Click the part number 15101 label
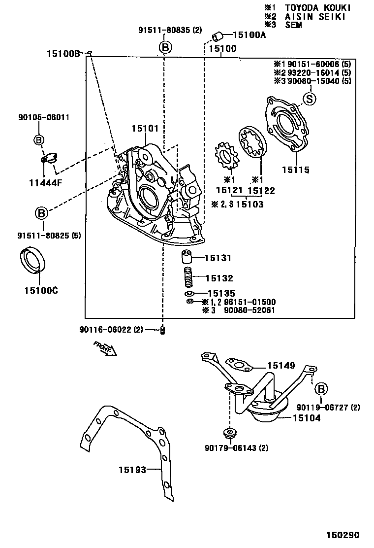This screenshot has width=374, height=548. coord(145,129)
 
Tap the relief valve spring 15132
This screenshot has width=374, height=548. coord(187,278)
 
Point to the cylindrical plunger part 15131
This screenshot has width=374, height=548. coord(186,258)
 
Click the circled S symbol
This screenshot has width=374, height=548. coord(309,99)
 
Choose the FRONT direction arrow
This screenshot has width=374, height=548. coord(104,348)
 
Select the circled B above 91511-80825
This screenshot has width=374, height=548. coord(41,213)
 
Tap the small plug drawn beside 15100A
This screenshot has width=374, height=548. coord(218,35)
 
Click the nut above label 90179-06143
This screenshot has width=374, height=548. coord(229,433)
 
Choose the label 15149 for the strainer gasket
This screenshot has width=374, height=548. coord(281,366)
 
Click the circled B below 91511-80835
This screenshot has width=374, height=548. coord(165,47)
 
